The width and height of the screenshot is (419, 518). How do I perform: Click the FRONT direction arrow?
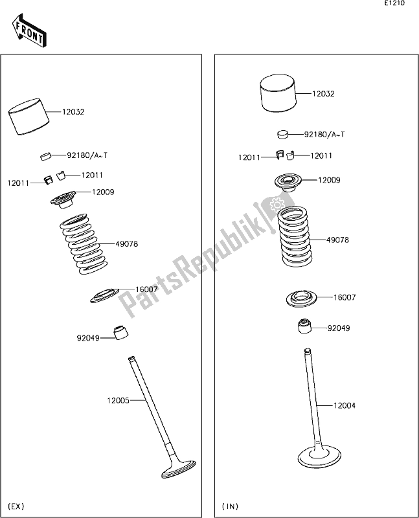pyautogui.click(x=29, y=30)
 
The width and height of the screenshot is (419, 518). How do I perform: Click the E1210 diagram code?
pyautogui.click(x=395, y=3)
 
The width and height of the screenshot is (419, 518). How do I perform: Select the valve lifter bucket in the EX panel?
pyautogui.click(x=28, y=117)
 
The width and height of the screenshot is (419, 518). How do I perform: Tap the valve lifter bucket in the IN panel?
pyautogui.click(x=278, y=93)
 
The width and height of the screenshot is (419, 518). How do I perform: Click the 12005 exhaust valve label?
pyautogui.click(x=118, y=400)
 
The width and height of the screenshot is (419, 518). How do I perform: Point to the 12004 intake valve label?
pyautogui.click(x=345, y=405)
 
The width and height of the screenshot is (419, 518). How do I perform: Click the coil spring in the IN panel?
pyautogui.click(x=294, y=236)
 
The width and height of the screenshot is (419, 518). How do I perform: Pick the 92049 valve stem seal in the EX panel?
pyautogui.click(x=120, y=332)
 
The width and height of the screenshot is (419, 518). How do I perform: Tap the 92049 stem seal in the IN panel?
pyautogui.click(x=304, y=326)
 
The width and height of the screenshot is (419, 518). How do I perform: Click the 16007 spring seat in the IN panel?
pyautogui.click(x=301, y=298)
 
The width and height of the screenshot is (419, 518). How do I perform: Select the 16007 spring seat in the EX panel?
pyautogui.click(x=104, y=295)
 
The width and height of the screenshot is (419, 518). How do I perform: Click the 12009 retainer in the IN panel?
pyautogui.click(x=288, y=183)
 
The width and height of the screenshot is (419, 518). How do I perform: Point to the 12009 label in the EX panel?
pyautogui.click(x=103, y=192)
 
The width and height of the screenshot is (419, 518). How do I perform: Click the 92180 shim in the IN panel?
pyautogui.click(x=282, y=134)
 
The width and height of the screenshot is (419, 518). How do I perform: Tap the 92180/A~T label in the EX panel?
pyautogui.click(x=87, y=155)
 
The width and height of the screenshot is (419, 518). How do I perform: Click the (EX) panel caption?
pyautogui.click(x=16, y=506)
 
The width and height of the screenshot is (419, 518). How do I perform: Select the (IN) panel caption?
pyautogui.click(x=230, y=506)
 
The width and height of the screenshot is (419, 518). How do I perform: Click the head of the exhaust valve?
pyautogui.click(x=179, y=469)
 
